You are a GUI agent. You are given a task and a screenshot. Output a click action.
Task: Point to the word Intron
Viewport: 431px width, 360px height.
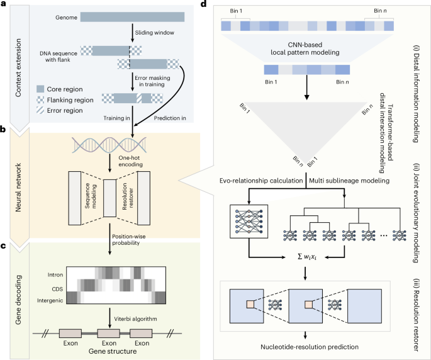pos(55,275)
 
